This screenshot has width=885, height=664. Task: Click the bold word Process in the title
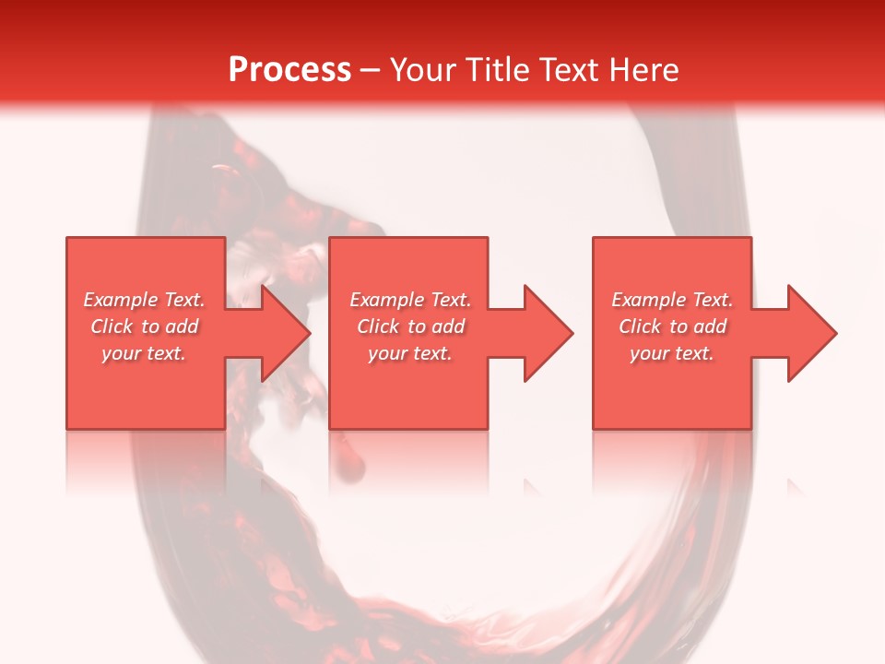pos(289,70)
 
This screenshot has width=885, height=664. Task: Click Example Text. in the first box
pos(145,300)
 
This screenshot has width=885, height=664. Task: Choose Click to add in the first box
pos(145,326)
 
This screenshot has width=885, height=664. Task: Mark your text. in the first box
pos(145,353)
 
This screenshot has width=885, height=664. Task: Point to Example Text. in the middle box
pos(410,300)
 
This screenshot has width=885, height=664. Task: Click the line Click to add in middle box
pos(410,326)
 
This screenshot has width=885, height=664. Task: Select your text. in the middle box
pos(410,353)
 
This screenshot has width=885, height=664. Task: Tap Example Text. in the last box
pos(672,300)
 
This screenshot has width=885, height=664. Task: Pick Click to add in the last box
pos(672,326)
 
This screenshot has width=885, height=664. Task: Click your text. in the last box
pos(672,353)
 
